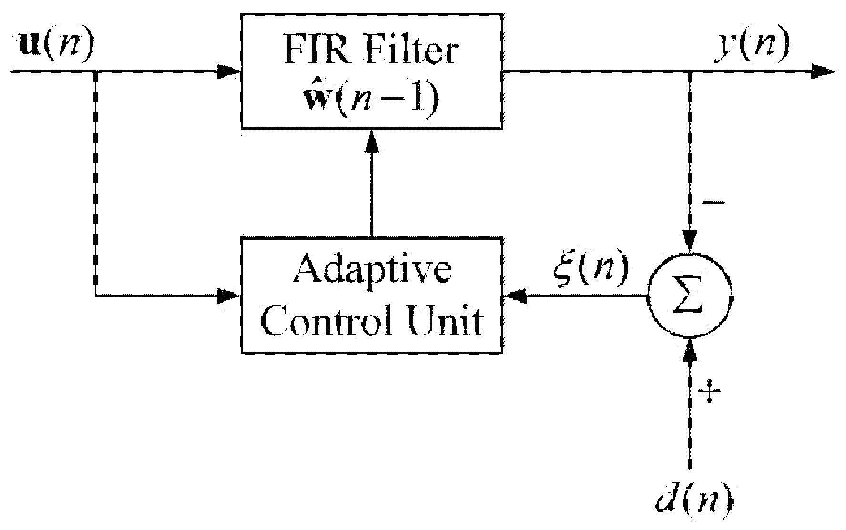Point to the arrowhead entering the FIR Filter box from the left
tap(229, 72)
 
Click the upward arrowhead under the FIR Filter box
tap(372, 142)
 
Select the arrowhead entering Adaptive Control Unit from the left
tap(229, 296)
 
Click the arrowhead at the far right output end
tap(822, 72)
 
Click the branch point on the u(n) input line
tap(96, 72)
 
